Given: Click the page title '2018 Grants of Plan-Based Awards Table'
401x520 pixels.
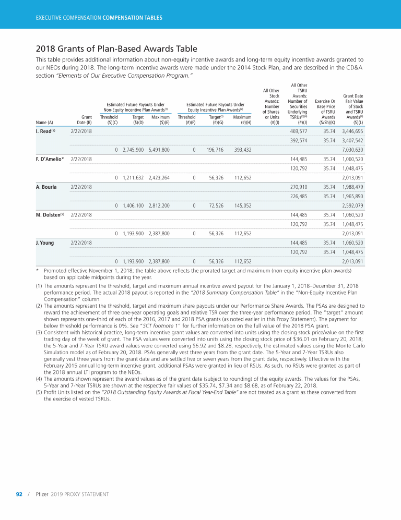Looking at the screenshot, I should pyautogui.click(x=116, y=49).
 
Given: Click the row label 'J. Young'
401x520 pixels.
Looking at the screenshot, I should pyautogui.click(x=46, y=243).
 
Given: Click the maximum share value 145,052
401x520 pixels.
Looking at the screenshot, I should pyautogui.click(x=243, y=205).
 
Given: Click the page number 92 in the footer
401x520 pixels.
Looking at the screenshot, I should pyautogui.click(x=19, y=494).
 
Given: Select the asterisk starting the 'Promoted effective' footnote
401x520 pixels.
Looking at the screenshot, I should pyautogui.click(x=38, y=271).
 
